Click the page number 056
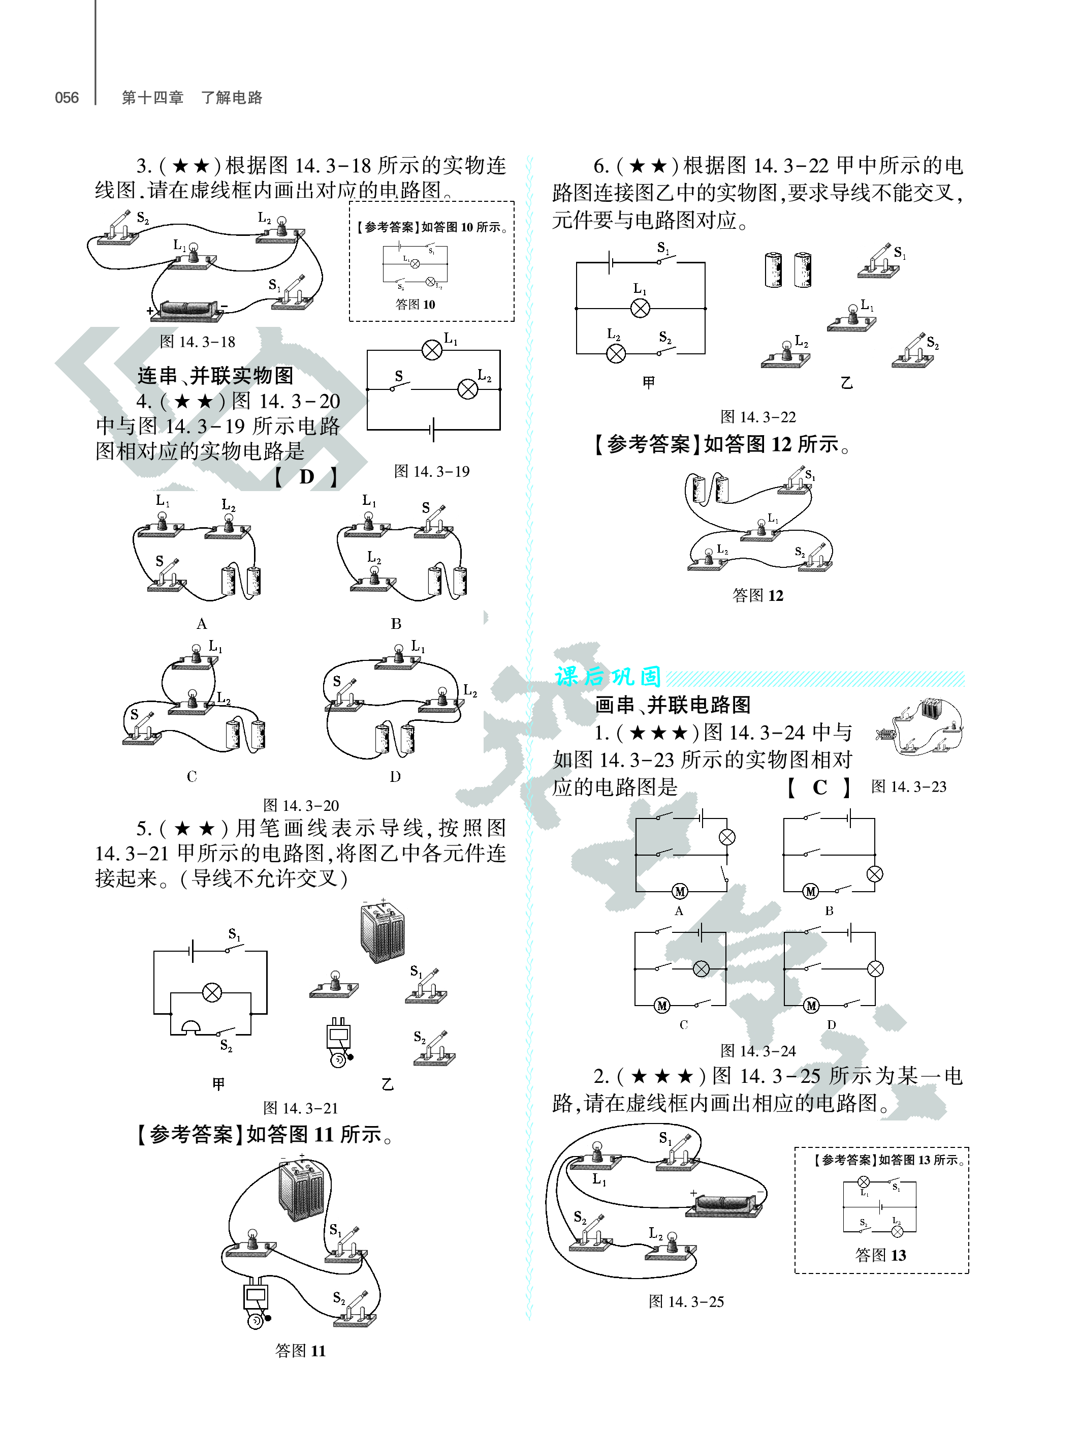pos(66,98)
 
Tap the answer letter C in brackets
pos(819,787)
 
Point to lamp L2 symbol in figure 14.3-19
pos(467,389)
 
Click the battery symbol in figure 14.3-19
pos(433,430)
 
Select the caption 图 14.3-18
pos(198,342)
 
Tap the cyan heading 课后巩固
pos(608,676)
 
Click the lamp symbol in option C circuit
pos(701,968)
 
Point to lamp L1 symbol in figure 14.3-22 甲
pos(640,308)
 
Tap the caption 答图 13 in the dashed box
pos(880,1255)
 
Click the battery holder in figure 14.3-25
pos(724,1205)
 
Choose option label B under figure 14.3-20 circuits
pos(396,623)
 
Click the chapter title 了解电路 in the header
pos(232,98)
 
